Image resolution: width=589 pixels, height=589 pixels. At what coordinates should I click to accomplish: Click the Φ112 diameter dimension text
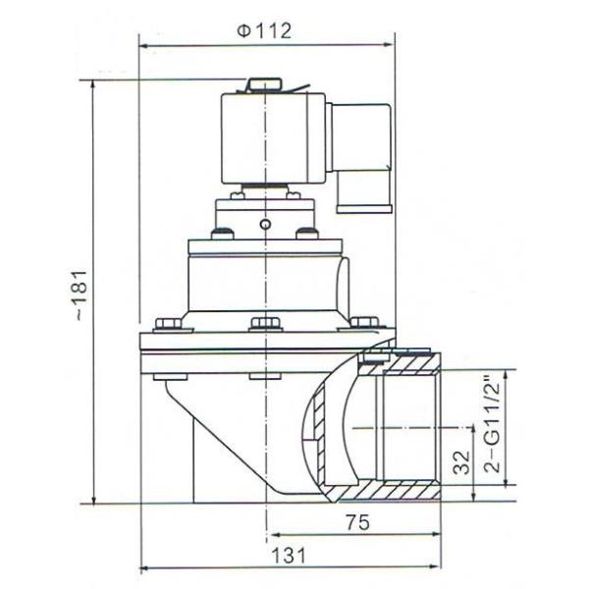264,30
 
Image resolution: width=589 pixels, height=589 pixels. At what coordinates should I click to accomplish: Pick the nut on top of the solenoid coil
264,86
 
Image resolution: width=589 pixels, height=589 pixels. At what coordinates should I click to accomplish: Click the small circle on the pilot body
264,224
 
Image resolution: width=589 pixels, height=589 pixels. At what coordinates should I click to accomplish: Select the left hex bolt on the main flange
166,323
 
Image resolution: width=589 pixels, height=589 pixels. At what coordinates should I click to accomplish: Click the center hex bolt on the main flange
264,324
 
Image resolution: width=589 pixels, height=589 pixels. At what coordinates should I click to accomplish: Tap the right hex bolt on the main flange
362,322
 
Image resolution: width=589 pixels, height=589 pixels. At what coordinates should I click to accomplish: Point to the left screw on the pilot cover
222,234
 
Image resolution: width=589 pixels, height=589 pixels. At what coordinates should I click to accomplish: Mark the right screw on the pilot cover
307,234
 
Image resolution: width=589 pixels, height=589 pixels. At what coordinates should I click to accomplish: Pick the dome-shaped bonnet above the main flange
264,280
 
